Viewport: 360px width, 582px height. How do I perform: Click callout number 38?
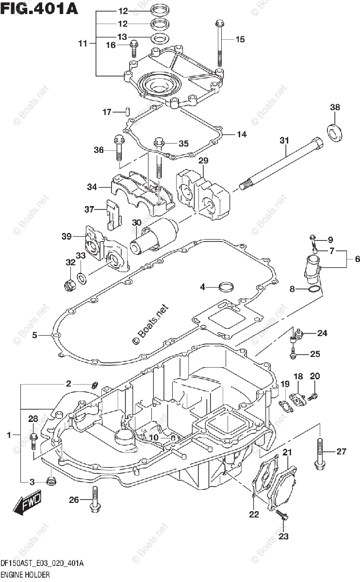335,107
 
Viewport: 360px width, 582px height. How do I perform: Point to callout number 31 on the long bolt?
284,141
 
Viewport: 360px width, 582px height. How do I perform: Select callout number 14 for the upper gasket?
242,134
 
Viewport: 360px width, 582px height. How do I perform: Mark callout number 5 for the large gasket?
35,335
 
